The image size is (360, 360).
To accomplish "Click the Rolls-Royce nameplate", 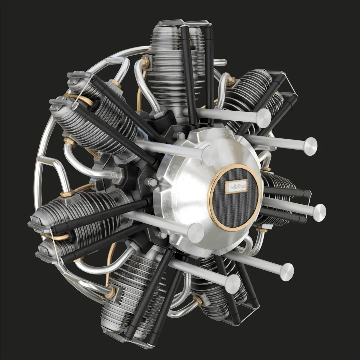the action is point(236,187).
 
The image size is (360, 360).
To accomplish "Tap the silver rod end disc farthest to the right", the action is point(319,213).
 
